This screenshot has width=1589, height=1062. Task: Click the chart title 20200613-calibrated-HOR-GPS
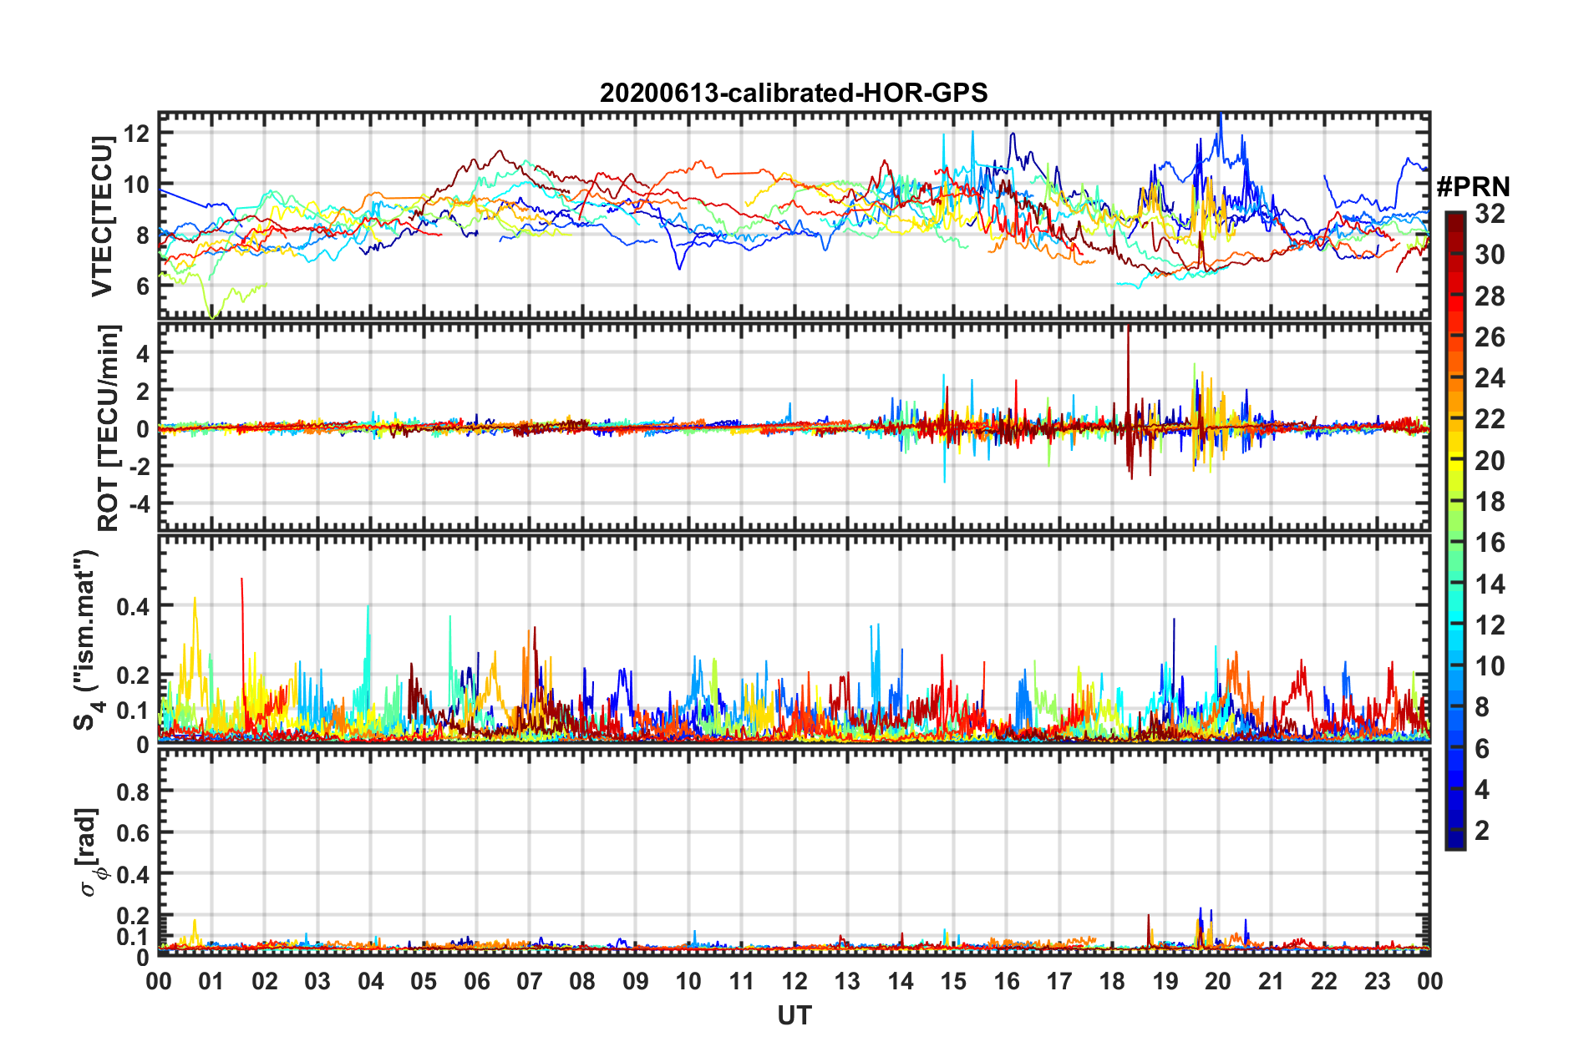(793, 93)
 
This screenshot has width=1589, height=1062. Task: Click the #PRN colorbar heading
(1473, 187)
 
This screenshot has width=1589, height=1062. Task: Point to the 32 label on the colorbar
(1490, 214)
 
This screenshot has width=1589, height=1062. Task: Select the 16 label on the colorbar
(1490, 543)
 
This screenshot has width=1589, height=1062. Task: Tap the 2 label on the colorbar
(1483, 830)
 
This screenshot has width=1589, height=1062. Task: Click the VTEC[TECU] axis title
(102, 216)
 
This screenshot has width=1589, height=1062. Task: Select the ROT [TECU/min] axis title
(108, 427)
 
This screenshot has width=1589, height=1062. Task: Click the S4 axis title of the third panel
(86, 640)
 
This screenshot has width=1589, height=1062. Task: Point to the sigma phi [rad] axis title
(90, 852)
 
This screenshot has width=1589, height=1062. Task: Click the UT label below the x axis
(794, 1015)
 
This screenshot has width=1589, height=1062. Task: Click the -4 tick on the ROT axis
(137, 504)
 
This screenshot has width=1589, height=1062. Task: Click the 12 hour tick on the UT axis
(794, 981)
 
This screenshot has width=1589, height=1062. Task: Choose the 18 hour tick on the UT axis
(1112, 981)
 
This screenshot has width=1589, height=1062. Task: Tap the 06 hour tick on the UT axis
(476, 981)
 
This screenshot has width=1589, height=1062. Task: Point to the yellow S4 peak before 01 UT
(195, 599)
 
